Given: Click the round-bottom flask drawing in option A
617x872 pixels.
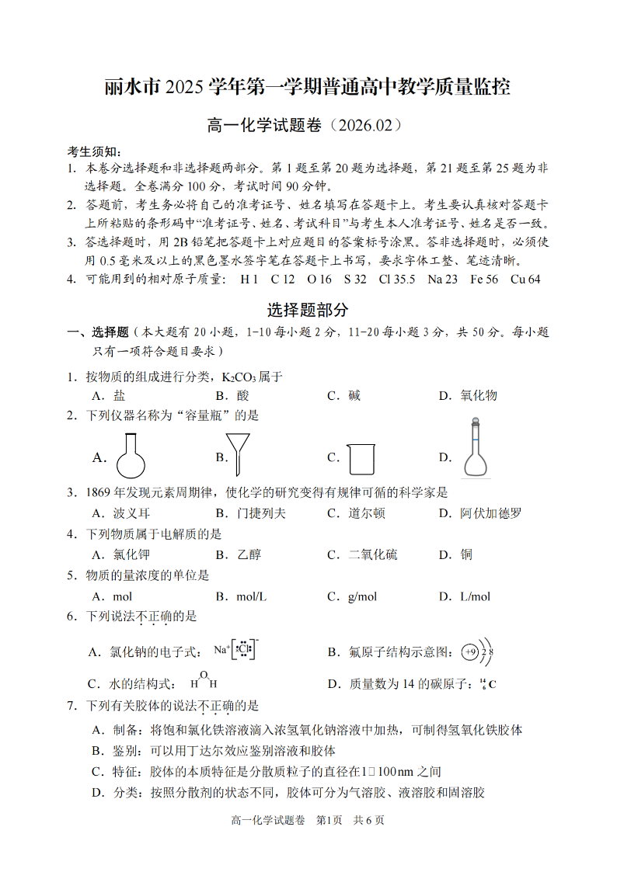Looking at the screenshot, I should [131, 456].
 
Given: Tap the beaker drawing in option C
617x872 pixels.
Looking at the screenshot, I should [361, 458].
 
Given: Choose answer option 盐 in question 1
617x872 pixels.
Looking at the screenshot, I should [119, 396].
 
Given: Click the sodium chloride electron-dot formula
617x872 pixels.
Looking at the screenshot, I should [236, 649].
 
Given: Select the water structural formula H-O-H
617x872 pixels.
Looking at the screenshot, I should [204, 681].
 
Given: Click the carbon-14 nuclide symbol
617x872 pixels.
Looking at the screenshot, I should [487, 684].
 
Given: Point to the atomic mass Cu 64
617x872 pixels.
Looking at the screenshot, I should [525, 280].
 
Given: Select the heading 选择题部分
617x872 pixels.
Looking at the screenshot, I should [308, 310].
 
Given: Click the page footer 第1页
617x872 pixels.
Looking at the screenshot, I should [329, 820].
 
